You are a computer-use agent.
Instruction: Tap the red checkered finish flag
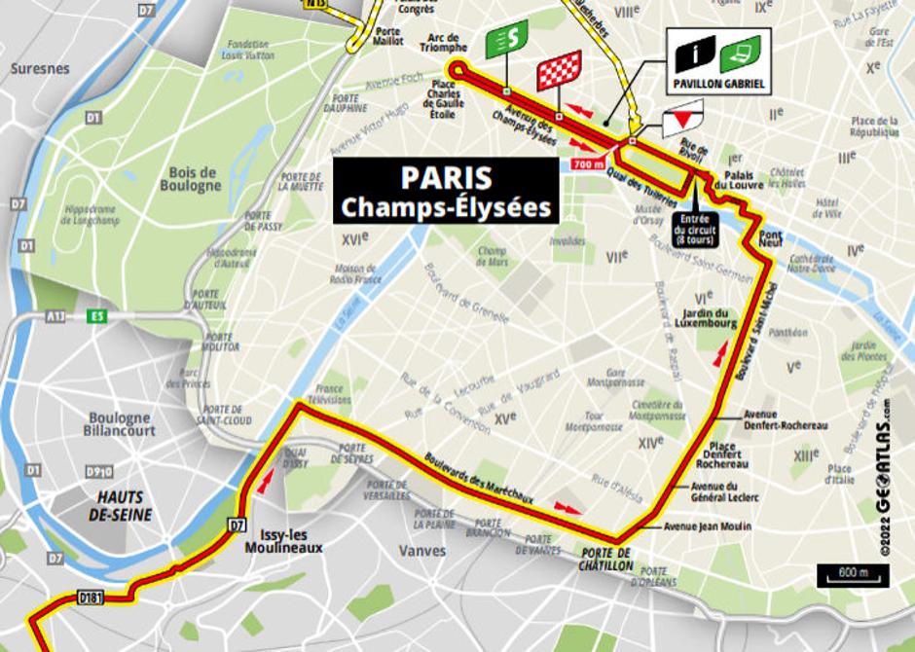pyautogui.click(x=560, y=70)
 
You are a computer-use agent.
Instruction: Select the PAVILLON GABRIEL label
pyautogui.click(x=718, y=85)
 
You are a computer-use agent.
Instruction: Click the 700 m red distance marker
pyautogui.click(x=589, y=164)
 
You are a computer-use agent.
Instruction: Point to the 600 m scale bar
pyautogui.click(x=852, y=575)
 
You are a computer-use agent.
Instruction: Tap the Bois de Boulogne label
pyautogui.click(x=191, y=179)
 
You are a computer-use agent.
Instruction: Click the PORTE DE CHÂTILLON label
pyautogui.click(x=605, y=560)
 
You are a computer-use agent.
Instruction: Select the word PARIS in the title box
pyautogui.click(x=447, y=178)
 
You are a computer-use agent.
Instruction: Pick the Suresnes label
pyautogui.click(x=40, y=69)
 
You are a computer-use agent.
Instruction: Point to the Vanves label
pyautogui.click(x=422, y=551)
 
